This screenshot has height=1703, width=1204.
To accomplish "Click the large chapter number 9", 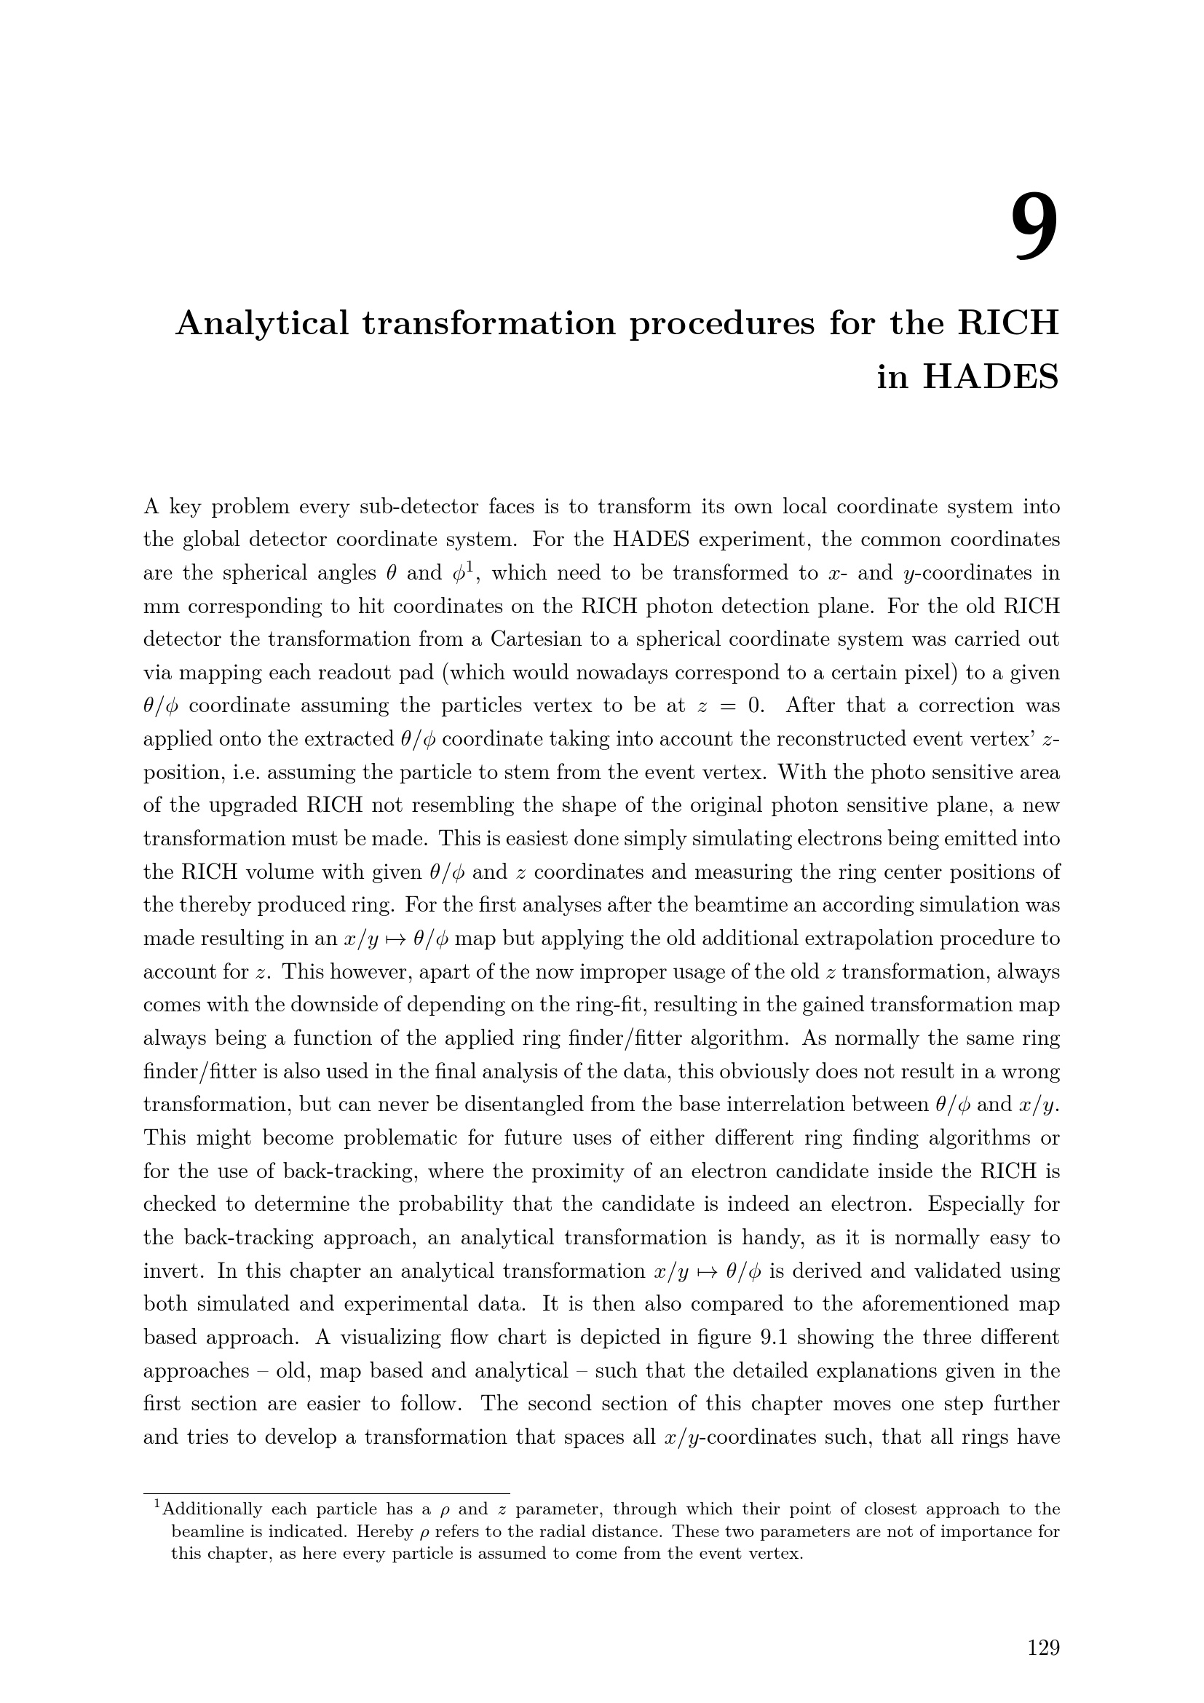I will [1035, 227].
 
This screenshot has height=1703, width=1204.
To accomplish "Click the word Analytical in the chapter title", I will [262, 323].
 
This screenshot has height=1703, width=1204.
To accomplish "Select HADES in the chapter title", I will [991, 378].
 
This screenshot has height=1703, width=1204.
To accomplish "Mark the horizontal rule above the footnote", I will [326, 1493].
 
